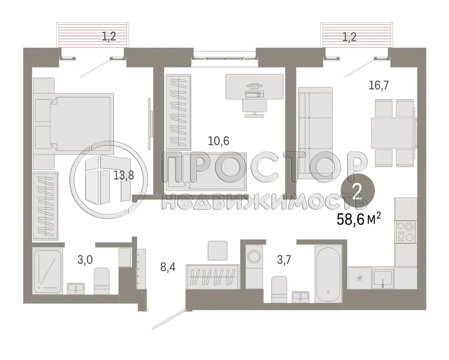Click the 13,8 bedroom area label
[x=124, y=175]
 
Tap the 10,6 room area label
[x=219, y=141]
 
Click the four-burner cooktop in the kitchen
[x=405, y=232]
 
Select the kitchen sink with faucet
[x=382, y=277]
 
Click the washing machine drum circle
[x=253, y=256]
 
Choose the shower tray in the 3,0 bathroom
[x=47, y=271]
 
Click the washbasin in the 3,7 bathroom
[x=300, y=297]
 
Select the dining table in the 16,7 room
[x=392, y=133]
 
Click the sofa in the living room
[x=316, y=133]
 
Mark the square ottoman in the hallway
[x=217, y=251]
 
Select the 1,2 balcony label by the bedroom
[x=109, y=37]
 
